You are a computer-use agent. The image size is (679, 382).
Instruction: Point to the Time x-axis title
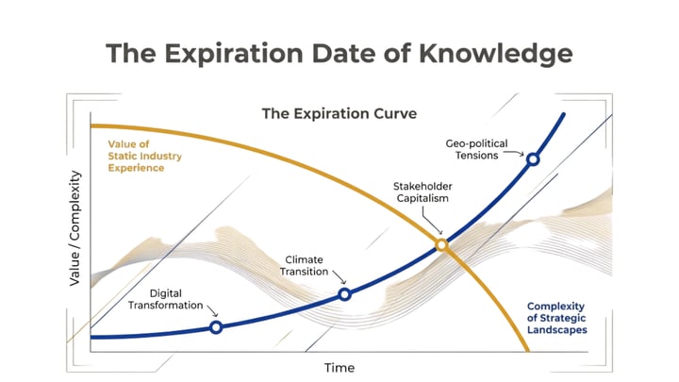(339, 366)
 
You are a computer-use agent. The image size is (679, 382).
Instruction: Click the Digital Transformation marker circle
(216, 327)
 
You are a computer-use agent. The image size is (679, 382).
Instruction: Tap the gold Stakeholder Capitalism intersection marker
(440, 245)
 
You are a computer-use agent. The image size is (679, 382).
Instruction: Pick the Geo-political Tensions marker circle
(533, 159)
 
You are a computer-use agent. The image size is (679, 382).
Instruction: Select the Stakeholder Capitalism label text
(421, 192)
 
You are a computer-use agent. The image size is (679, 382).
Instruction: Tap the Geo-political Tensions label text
(476, 149)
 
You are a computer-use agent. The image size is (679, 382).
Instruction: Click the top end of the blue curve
(564, 115)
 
